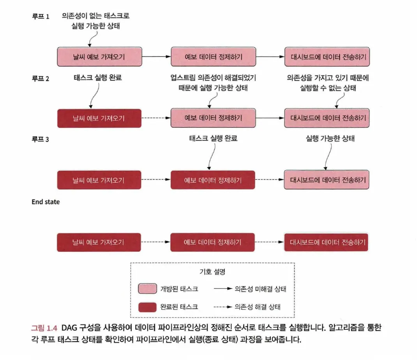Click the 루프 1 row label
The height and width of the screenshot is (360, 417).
click(40, 17)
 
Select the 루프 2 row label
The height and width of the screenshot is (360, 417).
click(40, 78)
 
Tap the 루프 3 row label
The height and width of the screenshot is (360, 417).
click(40, 139)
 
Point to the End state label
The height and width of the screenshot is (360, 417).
click(46, 202)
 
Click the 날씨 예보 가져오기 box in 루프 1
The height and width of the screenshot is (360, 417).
click(99, 57)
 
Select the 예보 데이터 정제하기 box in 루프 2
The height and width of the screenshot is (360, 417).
click(213, 118)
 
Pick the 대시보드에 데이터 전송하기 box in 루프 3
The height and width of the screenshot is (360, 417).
click(327, 180)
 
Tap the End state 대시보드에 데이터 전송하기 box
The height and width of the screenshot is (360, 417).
click(327, 242)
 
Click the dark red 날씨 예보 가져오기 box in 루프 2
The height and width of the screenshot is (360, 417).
click(99, 118)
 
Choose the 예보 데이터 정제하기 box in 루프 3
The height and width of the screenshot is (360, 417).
click(213, 180)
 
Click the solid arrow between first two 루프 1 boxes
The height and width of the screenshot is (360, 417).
click(156, 57)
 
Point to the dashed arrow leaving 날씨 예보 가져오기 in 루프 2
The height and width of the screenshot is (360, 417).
click(156, 118)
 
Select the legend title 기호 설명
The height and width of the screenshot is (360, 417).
click(212, 272)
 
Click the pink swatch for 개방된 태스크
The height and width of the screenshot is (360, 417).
click(147, 289)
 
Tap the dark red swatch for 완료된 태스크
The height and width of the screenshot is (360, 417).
click(147, 307)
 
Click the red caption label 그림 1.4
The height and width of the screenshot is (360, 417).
click(44, 328)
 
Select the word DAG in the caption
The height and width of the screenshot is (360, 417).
click(70, 328)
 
